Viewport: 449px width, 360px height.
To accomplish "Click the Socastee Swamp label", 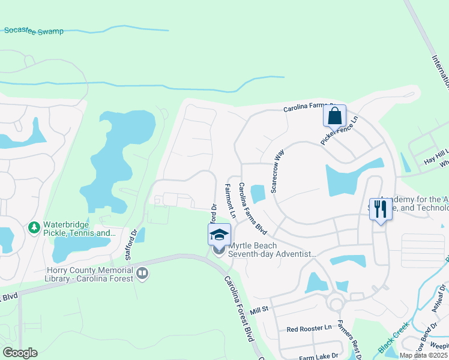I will pyautogui.click(x=33, y=31).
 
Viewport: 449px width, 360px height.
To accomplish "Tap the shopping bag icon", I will pyautogui.click(x=334, y=115).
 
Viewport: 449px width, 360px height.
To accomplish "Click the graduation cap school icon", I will pyautogui.click(x=219, y=235).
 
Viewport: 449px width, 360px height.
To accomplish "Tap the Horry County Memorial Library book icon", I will pyautogui.click(x=142, y=274).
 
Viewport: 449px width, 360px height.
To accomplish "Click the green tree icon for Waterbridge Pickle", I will pyautogui.click(x=34, y=228).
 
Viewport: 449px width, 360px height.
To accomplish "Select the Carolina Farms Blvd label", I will pyautogui.click(x=252, y=208).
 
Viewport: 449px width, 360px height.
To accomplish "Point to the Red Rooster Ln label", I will pyautogui.click(x=309, y=329).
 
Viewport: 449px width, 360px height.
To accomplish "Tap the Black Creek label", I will pyautogui.click(x=394, y=338).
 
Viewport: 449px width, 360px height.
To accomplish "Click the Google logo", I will pyautogui.click(x=20, y=353).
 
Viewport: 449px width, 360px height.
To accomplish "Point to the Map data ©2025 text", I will pyautogui.click(x=423, y=355).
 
